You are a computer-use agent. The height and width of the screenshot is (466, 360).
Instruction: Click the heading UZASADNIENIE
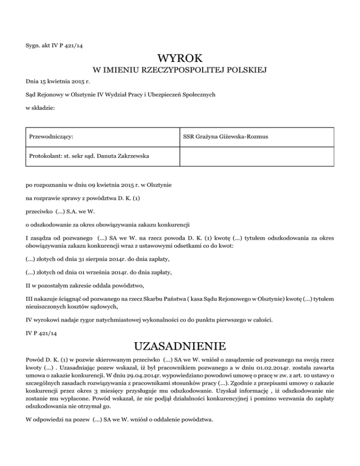click(x=180, y=347)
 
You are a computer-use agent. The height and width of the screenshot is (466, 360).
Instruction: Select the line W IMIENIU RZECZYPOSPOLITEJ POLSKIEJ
click(x=180, y=71)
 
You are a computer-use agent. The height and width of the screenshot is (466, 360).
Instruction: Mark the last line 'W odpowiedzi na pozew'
click(x=119, y=420)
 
